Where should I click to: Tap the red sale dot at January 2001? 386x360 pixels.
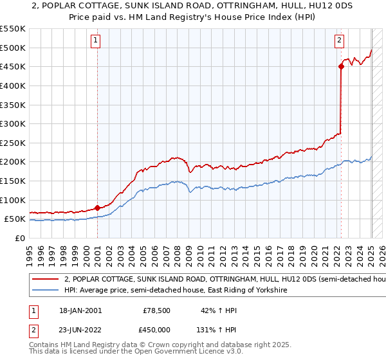tap(97, 208)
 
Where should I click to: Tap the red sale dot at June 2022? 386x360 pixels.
tap(341, 66)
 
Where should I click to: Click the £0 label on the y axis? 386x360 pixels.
tap(19, 238)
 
